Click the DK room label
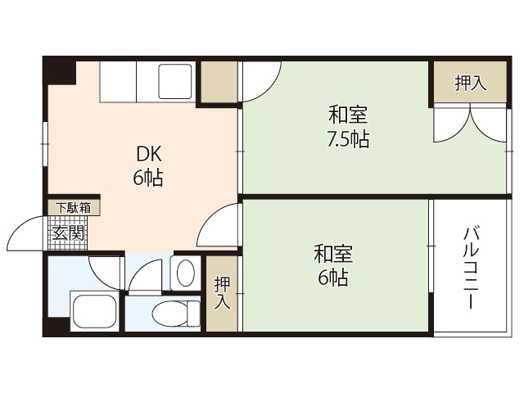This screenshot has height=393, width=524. click(148, 153)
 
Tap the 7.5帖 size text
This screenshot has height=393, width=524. click(348, 139)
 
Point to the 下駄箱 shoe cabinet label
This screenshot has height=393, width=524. click(74, 207)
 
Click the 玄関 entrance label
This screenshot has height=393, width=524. click(67, 233)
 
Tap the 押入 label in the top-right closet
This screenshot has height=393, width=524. click(470, 83)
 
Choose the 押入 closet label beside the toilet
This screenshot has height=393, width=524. click(222, 292)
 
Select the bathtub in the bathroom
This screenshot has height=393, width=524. click(94, 311)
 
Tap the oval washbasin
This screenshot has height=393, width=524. click(186, 271)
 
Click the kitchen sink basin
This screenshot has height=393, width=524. click(177, 84)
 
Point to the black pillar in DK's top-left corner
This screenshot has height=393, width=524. click(59, 70)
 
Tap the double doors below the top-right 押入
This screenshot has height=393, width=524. click(470, 123)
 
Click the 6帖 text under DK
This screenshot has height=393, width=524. click(148, 178)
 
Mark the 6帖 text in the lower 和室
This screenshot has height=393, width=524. click(332, 278)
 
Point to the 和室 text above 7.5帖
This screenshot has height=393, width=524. click(348, 114)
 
